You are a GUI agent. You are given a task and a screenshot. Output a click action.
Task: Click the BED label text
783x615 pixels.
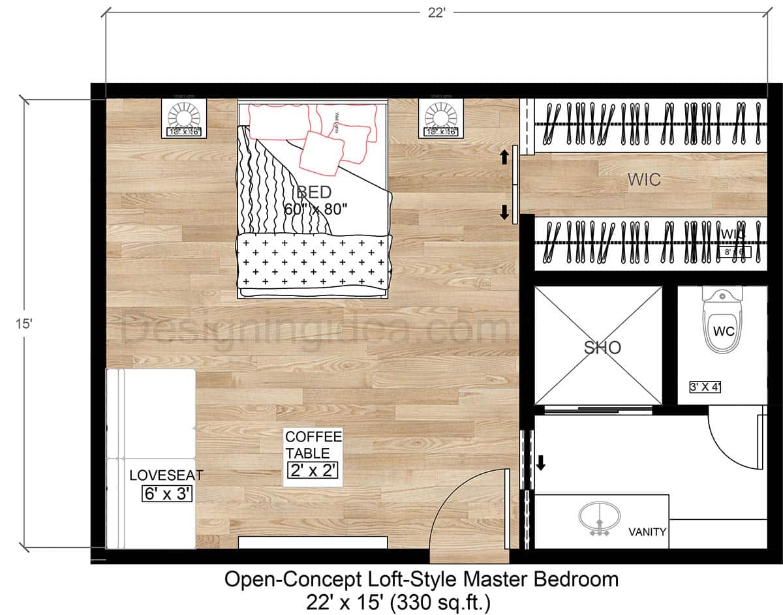(314, 192)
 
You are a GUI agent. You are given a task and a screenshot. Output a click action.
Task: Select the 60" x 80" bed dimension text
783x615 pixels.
(316, 209)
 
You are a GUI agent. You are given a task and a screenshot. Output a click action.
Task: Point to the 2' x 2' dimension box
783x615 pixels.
(313, 470)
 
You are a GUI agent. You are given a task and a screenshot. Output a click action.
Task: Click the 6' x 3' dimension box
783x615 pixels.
(167, 494)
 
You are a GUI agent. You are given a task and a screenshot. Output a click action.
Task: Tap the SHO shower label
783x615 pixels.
(602, 348)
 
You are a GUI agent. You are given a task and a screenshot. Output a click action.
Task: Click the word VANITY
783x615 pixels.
(647, 532)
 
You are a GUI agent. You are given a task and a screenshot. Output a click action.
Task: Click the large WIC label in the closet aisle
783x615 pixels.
(644, 179)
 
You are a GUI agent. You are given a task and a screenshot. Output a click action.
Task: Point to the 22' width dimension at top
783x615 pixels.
(437, 12)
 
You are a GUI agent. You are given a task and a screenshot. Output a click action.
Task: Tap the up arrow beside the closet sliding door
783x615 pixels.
(504, 157)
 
